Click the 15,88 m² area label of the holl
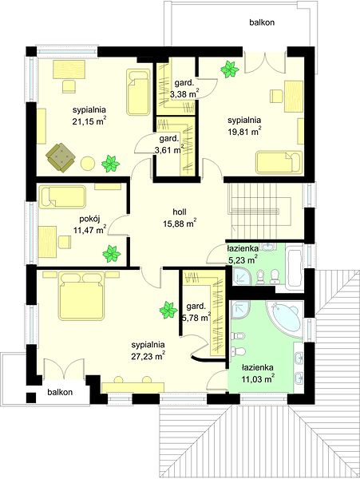click(180, 224)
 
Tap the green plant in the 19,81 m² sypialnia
click(230, 69)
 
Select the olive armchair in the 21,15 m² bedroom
click(61, 157)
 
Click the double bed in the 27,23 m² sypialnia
click(82, 296)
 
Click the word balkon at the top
click(262, 22)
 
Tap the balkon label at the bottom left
click(60, 392)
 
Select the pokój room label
click(89, 219)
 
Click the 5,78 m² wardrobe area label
click(196, 318)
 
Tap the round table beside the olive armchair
click(88, 164)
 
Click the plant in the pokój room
click(112, 254)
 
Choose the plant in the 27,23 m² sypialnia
click(168, 310)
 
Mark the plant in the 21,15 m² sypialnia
click(110, 164)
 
